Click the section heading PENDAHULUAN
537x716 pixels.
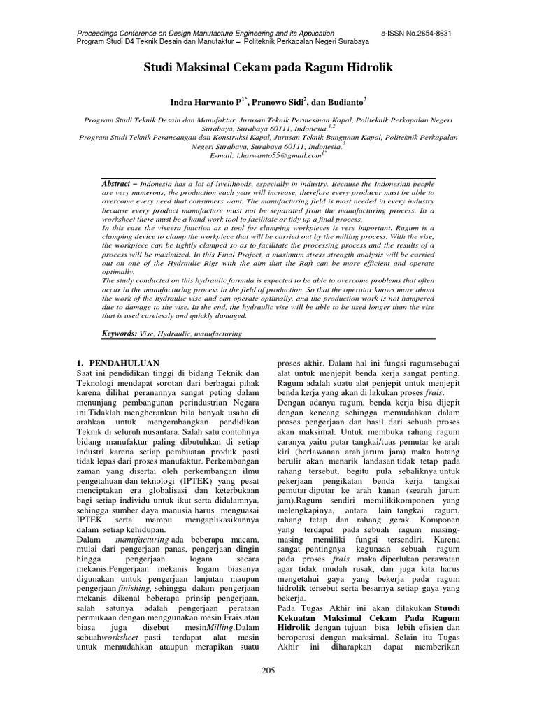[123, 363]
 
